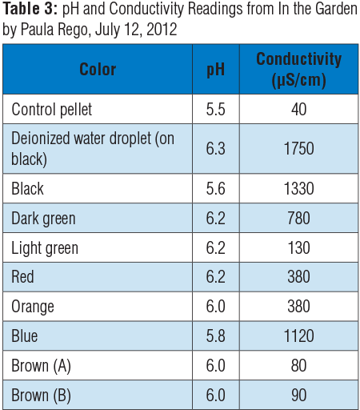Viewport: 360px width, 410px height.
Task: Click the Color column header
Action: (98, 69)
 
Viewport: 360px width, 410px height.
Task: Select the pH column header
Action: (215, 69)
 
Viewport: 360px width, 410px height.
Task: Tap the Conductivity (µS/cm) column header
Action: (298, 69)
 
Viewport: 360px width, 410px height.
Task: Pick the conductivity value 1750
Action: (298, 148)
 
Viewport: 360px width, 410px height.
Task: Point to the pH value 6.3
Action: (215, 148)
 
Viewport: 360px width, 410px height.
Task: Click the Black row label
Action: (28, 189)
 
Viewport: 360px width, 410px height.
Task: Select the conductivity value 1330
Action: (298, 189)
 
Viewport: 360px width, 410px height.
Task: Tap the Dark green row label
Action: (44, 219)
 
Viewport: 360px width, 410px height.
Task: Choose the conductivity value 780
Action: (298, 219)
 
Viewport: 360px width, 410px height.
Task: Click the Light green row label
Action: (45, 248)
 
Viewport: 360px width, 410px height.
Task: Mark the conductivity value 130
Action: (298, 248)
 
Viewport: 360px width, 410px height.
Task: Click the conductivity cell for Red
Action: (298, 277)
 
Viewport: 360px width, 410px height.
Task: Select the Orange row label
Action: (34, 307)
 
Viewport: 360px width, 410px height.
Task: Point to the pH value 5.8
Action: (215, 336)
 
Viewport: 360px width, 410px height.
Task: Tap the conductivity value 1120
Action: (298, 336)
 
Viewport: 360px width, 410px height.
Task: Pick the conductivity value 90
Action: (298, 395)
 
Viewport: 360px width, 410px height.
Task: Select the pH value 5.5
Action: (215, 108)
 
